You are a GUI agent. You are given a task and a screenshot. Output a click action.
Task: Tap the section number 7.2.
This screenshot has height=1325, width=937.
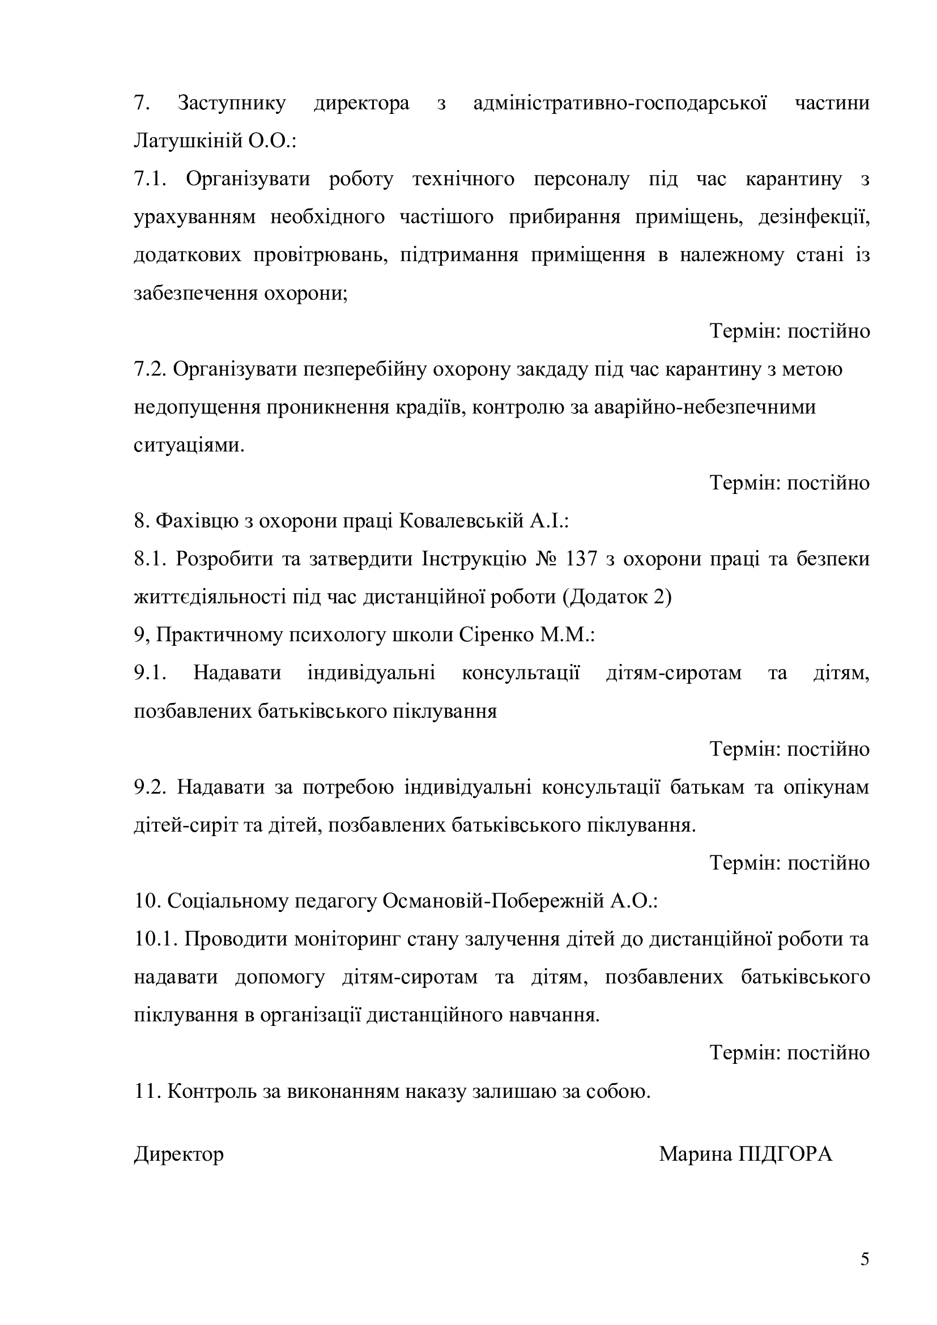point(150,369)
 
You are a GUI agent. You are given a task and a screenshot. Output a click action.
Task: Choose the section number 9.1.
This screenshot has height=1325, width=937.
point(150,673)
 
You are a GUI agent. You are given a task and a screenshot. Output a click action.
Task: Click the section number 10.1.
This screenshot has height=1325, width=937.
point(155,939)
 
